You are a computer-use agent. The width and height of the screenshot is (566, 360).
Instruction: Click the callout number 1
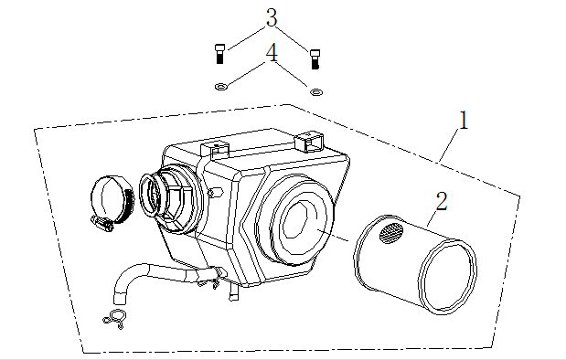click(464, 121)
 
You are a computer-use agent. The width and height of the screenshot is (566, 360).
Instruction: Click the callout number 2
click(441, 201)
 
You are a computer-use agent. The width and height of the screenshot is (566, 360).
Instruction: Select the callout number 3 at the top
click(271, 17)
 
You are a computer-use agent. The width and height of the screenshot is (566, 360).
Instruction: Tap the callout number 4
click(271, 54)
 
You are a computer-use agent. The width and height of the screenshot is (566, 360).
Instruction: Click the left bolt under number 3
click(219, 53)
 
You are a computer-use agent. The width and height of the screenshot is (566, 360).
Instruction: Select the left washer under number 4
click(219, 87)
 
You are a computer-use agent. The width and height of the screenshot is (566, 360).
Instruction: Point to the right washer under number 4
click(316, 91)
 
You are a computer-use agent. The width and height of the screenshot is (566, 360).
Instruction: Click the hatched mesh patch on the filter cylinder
click(390, 233)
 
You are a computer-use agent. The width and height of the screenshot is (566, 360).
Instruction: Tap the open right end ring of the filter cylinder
click(448, 272)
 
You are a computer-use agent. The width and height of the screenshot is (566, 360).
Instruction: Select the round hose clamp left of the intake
click(112, 199)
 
